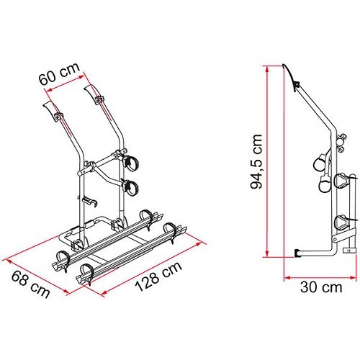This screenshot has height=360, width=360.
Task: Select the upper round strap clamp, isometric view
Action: coord(132,158)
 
